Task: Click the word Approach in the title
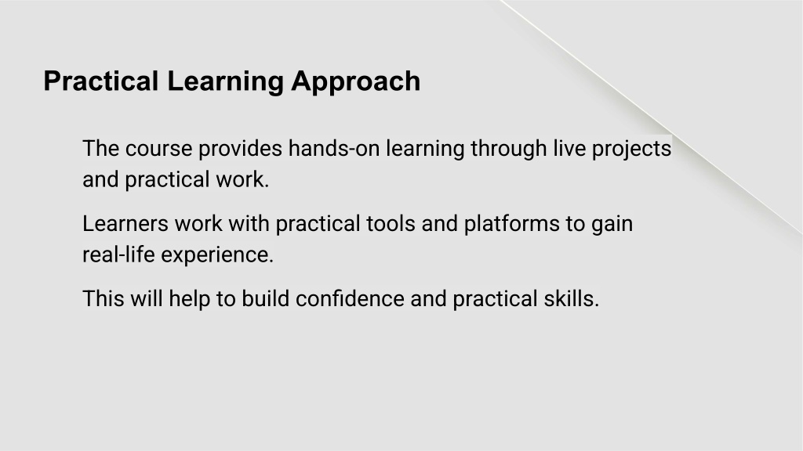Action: (356, 81)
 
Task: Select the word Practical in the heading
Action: (101, 81)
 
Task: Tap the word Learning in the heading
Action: (225, 81)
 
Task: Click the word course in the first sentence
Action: (158, 149)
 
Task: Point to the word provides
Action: (240, 150)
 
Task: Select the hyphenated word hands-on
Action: (334, 148)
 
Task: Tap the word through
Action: (509, 150)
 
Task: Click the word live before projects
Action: (569, 148)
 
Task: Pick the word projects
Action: (631, 150)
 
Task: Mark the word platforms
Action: (512, 225)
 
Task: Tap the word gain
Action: (612, 225)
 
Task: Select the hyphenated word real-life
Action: (119, 254)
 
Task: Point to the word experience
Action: (218, 255)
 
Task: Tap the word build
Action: (266, 298)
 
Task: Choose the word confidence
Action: (351, 298)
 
